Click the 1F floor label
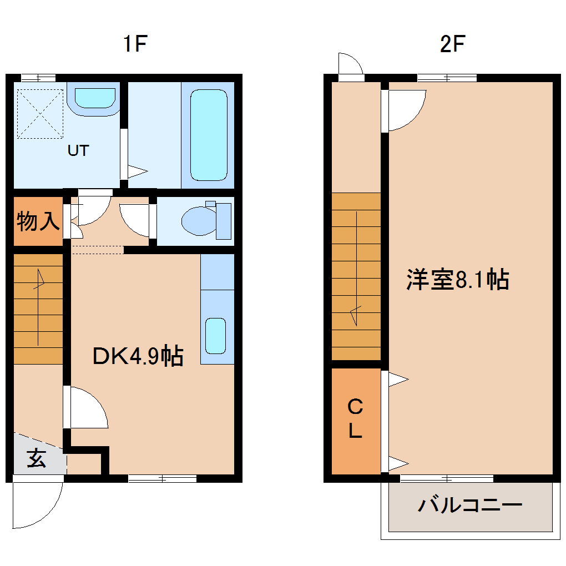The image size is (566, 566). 135,44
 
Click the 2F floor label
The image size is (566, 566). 452,44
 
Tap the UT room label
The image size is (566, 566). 78,150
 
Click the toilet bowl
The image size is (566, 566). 199,220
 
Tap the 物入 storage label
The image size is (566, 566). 38,221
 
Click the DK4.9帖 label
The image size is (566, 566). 138,356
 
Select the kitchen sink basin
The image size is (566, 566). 216,336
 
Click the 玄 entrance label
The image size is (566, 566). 37,459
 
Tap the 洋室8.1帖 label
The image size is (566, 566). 457,280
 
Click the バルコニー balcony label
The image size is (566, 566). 471,506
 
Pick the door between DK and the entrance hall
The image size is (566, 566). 86,408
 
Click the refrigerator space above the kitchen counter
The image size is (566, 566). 217,271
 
